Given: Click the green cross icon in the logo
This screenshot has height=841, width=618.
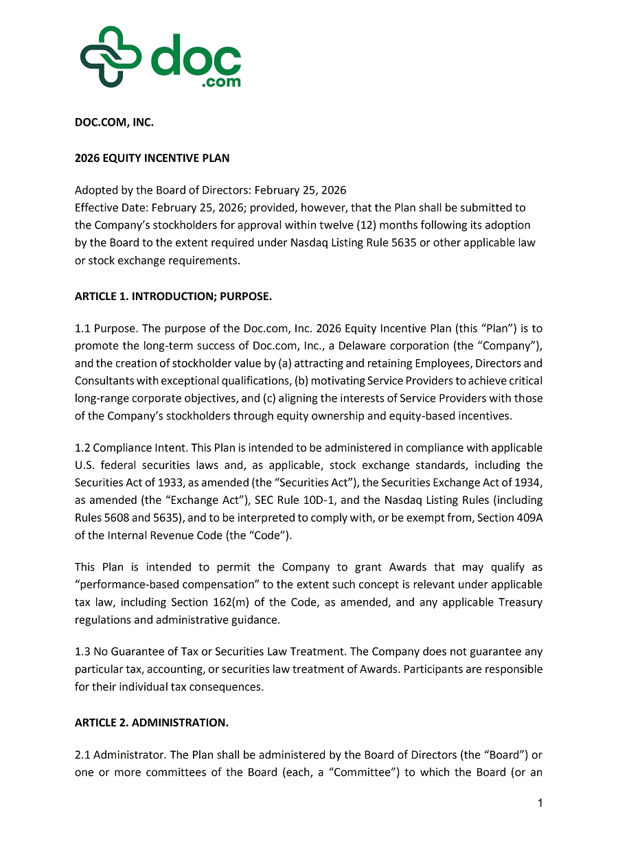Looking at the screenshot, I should (111, 57).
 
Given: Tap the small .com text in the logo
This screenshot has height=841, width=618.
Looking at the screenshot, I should (221, 82).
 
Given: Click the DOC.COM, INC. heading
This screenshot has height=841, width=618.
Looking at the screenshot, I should (114, 123).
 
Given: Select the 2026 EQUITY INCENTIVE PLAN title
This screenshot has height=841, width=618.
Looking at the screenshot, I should (152, 158).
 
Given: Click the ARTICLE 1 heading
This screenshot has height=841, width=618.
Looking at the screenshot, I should (173, 297).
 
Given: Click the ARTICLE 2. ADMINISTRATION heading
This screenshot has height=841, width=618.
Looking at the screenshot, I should (151, 722).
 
